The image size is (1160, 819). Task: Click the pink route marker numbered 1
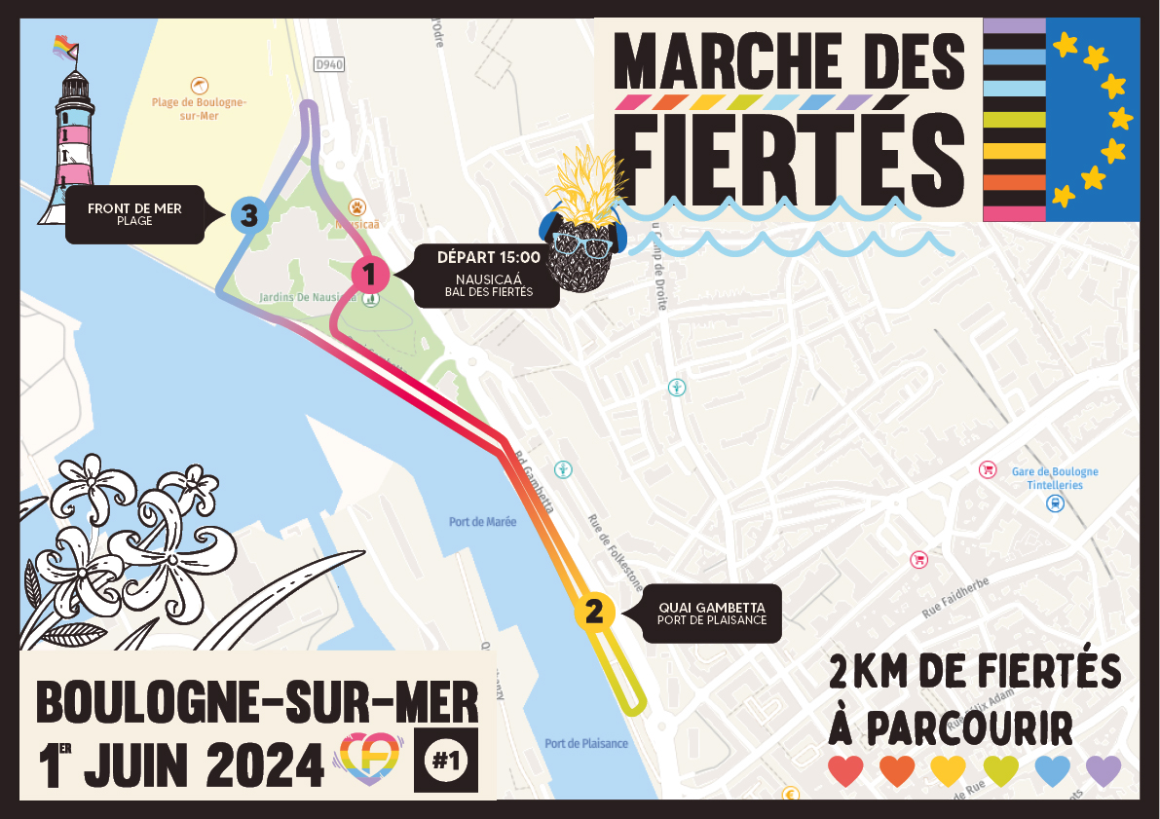370,274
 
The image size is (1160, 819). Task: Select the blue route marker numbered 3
248,214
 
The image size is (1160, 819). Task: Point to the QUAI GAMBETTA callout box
712,613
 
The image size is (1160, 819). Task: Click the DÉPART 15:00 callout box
488,275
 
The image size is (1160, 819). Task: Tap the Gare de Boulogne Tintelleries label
1054,478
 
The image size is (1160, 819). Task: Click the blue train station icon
1053,503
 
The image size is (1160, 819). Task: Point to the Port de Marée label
482,522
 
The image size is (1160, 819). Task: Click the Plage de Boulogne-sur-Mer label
199,109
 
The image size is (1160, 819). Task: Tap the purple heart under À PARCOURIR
1104,770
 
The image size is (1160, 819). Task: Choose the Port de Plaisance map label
586,744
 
